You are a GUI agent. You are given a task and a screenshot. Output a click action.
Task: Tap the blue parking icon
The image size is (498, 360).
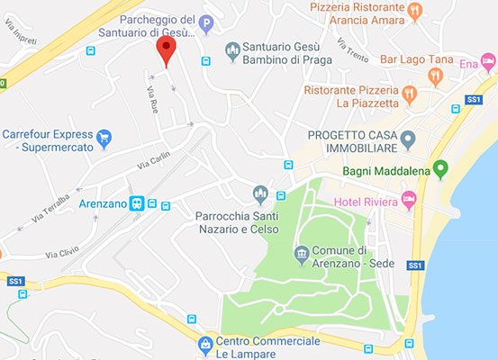pos(206,24)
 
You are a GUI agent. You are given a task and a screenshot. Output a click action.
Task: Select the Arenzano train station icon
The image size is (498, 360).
pos(137,204)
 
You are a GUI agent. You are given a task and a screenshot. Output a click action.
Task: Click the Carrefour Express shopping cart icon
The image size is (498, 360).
pos(104,138)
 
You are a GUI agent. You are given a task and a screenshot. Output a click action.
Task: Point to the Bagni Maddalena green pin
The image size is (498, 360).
pos(440,168)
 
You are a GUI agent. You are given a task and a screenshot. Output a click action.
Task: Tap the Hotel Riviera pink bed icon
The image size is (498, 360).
pos(410,197)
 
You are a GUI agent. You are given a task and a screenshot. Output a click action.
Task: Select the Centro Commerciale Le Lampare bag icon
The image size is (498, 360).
pos(206,343)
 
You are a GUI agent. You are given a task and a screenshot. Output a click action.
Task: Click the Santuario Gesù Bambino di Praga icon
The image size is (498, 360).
pos(232,47)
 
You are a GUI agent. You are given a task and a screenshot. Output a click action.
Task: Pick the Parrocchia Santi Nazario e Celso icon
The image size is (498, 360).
pos(260,193)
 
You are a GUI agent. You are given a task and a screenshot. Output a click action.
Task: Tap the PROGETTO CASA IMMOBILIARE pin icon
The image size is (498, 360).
pos(407,139)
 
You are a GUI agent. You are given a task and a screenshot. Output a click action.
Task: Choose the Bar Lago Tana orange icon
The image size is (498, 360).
pos(435,76)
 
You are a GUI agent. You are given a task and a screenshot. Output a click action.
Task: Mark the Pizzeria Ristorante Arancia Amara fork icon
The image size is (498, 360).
pos(415,12)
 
